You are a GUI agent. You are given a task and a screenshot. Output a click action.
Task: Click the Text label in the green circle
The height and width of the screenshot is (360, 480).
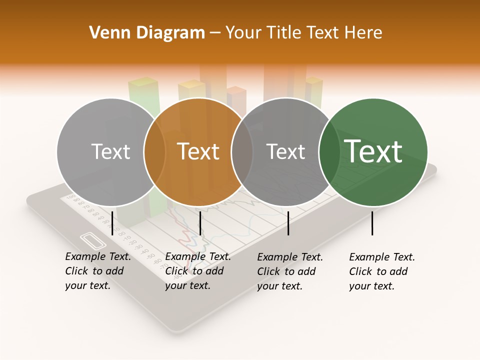click(x=373, y=151)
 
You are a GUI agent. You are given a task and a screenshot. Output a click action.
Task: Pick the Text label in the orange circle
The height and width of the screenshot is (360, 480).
click(x=198, y=151)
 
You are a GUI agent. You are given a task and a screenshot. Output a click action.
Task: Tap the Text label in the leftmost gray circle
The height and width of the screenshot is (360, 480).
click(x=111, y=151)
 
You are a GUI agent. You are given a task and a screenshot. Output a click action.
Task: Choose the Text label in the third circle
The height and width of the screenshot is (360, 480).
click(x=286, y=151)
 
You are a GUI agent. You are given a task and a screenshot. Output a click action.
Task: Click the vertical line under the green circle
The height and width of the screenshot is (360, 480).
click(x=372, y=223)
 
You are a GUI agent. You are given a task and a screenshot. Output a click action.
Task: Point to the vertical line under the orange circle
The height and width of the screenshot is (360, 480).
click(x=200, y=223)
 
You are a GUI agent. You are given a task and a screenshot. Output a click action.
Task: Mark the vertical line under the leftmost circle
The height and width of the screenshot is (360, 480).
click(x=112, y=223)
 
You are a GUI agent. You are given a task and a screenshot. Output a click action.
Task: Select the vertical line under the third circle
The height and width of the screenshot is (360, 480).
click(x=288, y=223)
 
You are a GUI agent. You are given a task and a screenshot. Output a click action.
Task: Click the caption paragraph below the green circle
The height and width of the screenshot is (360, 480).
click(x=381, y=271)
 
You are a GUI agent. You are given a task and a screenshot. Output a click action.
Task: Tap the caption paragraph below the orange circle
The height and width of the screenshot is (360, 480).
click(x=197, y=271)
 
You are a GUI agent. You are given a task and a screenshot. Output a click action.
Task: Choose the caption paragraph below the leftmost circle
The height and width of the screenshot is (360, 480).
click(x=97, y=271)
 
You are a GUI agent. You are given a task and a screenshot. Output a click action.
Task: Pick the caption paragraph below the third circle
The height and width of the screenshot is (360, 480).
click(x=289, y=271)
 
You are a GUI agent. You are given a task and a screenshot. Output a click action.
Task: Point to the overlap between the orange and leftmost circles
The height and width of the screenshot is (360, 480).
click(x=154, y=151)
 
